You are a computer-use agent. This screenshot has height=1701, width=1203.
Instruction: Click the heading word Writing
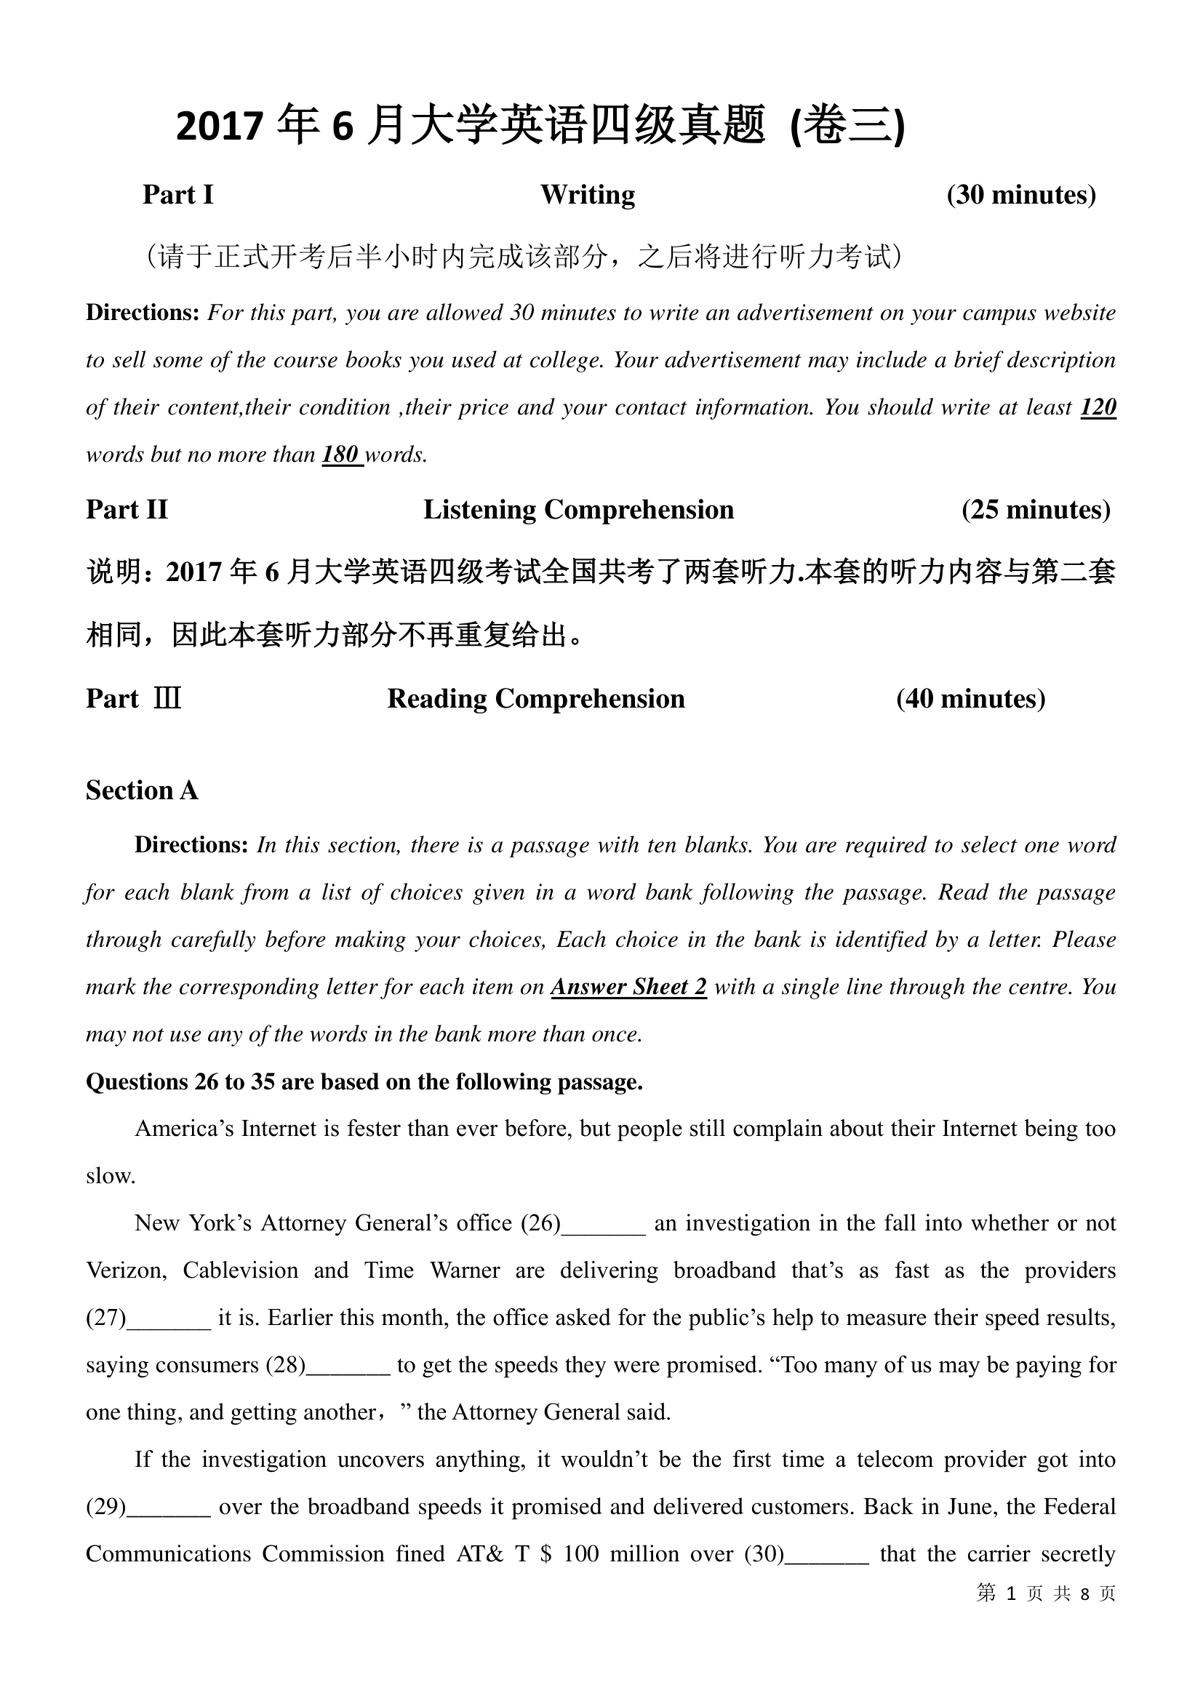click(588, 195)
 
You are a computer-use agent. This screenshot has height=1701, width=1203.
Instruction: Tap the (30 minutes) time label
click(1020, 195)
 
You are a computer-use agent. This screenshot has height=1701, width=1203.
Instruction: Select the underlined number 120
click(1098, 407)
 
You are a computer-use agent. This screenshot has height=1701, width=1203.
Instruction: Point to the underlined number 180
click(340, 454)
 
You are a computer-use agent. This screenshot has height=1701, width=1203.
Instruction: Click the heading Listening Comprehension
click(577, 510)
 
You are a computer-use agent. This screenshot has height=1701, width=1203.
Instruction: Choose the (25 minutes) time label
click(1036, 510)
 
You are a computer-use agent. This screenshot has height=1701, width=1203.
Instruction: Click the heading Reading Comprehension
click(535, 699)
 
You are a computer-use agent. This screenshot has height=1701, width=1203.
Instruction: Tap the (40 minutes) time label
click(970, 699)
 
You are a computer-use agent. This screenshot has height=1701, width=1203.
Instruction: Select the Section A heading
click(143, 791)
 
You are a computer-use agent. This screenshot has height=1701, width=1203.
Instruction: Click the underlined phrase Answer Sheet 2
click(628, 987)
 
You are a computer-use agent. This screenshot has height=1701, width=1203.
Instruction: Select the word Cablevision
click(240, 1270)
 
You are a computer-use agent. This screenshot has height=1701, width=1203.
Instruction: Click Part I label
click(177, 195)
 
